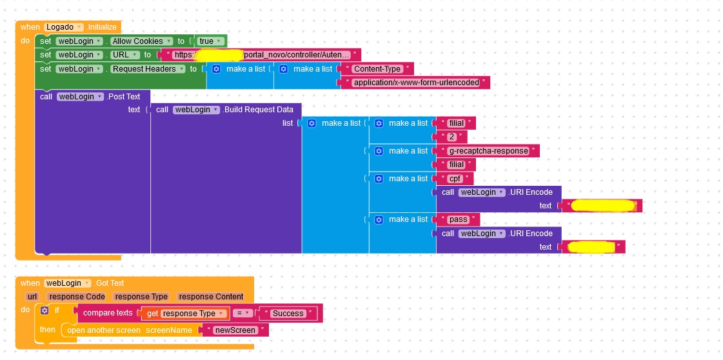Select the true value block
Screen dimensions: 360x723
(x=210, y=41)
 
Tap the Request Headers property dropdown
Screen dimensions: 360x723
(x=148, y=69)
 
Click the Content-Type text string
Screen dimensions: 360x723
(x=377, y=69)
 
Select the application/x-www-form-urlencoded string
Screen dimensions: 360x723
(x=416, y=83)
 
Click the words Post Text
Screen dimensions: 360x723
(x=124, y=97)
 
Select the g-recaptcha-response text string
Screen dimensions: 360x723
(x=488, y=151)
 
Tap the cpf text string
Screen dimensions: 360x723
(x=455, y=179)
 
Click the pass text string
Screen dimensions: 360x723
(x=458, y=219)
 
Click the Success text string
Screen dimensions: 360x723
(x=288, y=314)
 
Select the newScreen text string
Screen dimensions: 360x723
(x=235, y=330)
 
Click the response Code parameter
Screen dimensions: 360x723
(x=77, y=297)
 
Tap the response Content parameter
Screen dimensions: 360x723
(x=210, y=297)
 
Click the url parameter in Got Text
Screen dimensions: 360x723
(x=32, y=297)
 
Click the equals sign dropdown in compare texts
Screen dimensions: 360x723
(x=242, y=314)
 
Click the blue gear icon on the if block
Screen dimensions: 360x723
(x=44, y=310)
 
